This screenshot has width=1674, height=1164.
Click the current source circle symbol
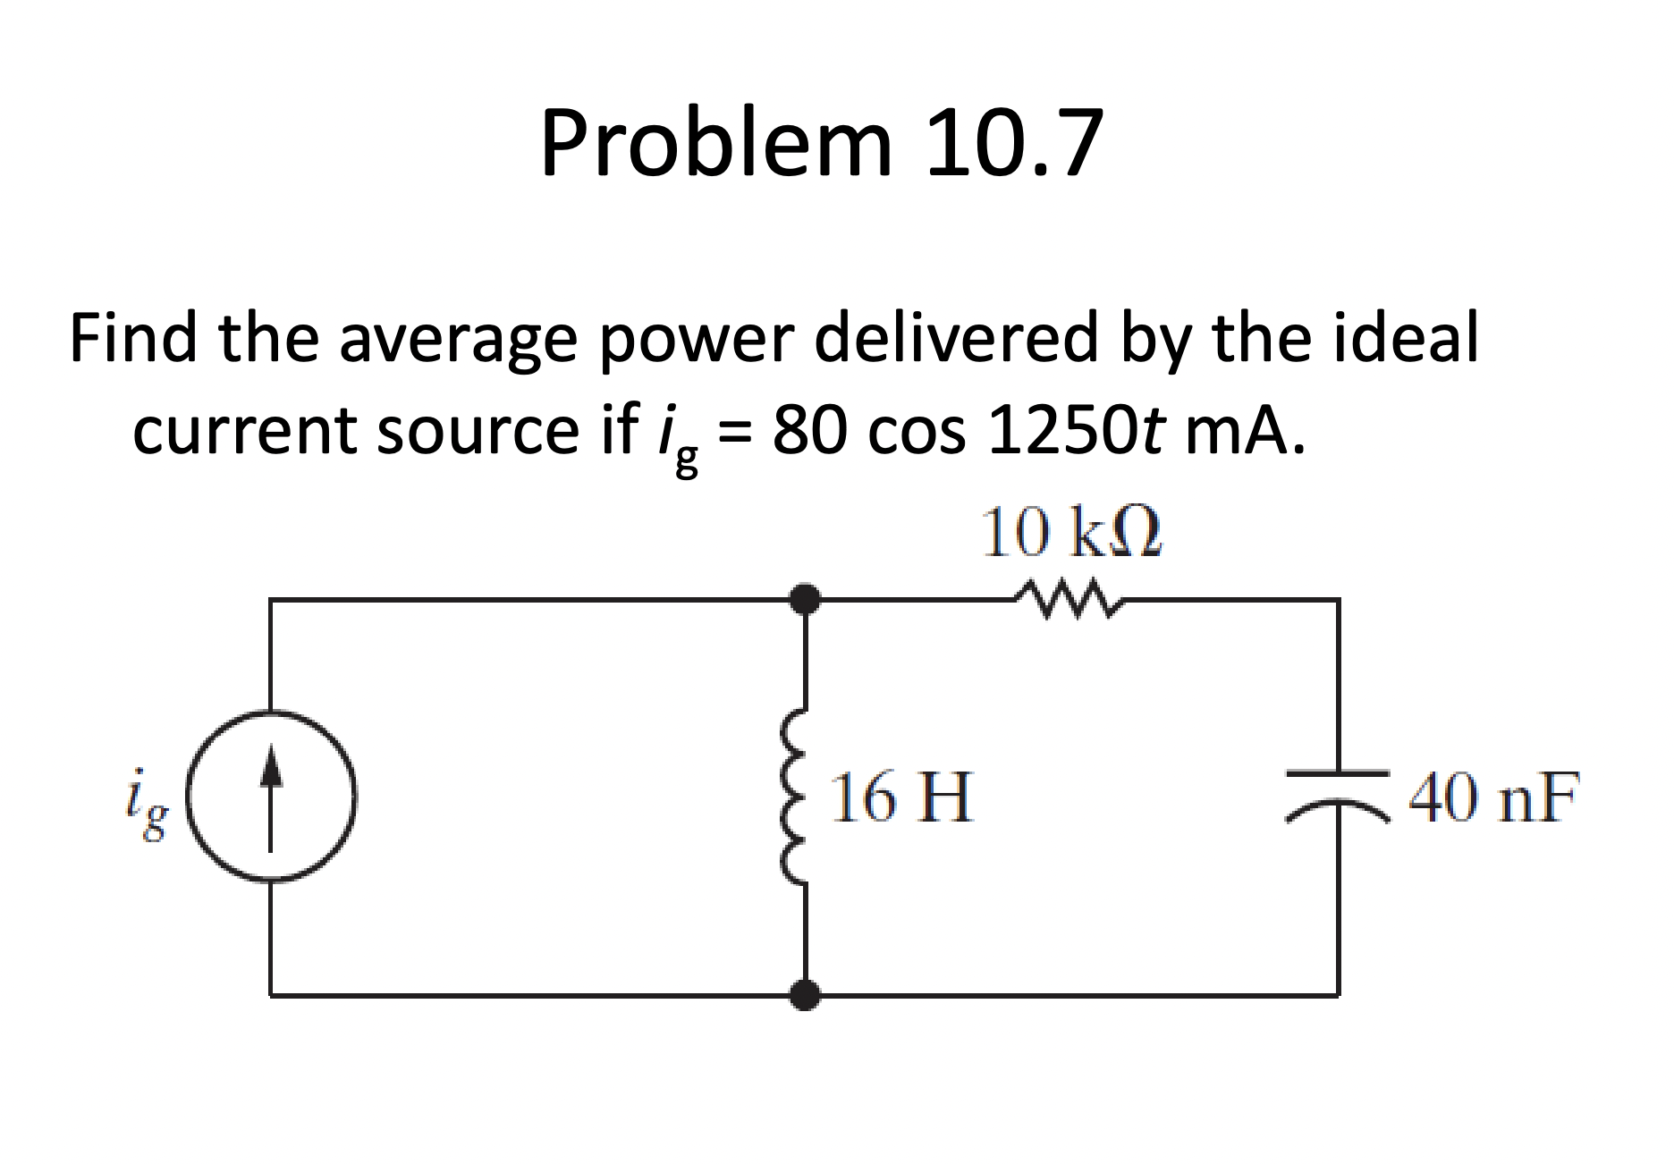tap(271, 796)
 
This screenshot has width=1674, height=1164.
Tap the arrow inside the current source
tap(271, 796)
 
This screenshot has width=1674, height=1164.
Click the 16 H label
tap(900, 797)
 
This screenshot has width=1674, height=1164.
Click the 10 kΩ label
tap(1070, 533)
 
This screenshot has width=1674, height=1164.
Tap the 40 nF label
tap(1493, 797)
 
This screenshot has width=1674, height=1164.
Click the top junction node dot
tap(805, 599)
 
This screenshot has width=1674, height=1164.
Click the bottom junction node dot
tap(805, 993)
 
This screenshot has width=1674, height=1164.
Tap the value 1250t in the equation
tap(1076, 430)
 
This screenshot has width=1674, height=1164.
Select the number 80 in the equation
tap(807, 430)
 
